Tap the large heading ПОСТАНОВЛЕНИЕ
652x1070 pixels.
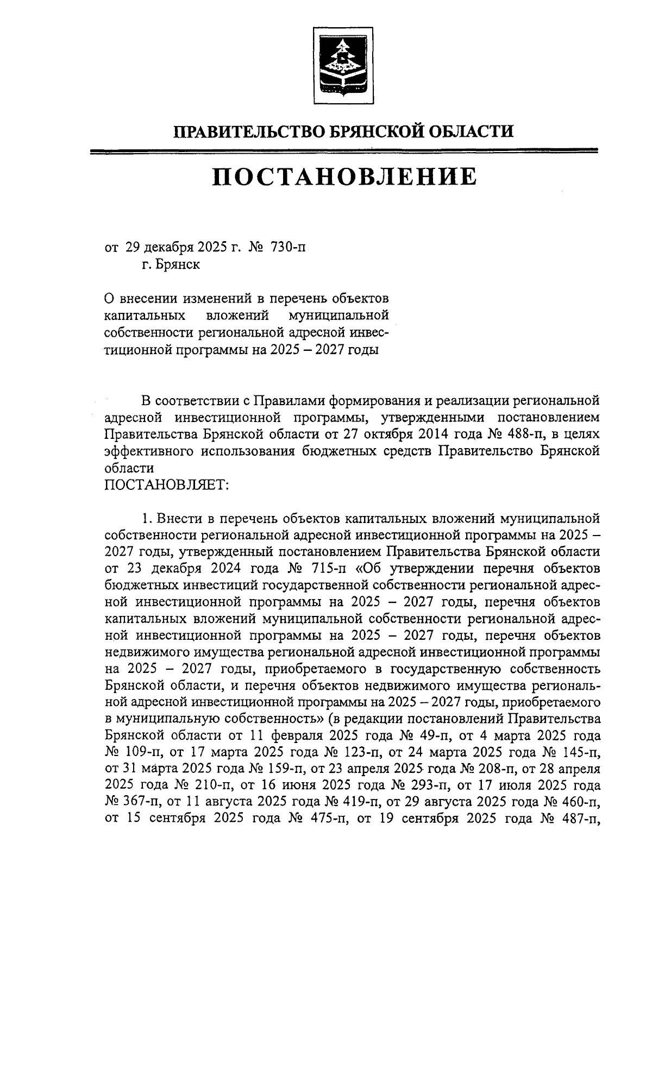344,177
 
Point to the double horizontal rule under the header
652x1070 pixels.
344,152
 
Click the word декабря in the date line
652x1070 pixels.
168,248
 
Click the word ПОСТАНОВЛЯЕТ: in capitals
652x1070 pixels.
166,484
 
